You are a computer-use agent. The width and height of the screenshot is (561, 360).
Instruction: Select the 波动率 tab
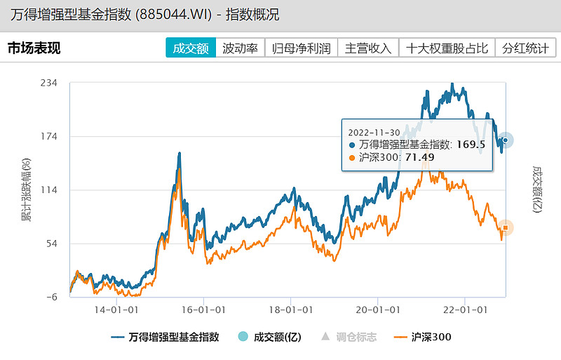coord(240,48)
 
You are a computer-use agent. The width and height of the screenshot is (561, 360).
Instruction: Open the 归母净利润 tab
coord(301,48)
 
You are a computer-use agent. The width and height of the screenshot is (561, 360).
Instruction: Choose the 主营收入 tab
coord(368,48)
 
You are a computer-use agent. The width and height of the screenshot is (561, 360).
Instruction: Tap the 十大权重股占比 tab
coord(447,48)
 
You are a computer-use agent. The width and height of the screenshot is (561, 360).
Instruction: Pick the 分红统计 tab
coord(525,48)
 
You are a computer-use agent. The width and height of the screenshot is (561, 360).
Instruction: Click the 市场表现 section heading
coord(34,48)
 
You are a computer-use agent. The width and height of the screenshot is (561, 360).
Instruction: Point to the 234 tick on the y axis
coord(48,83)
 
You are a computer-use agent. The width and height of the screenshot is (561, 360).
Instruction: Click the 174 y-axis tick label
coord(48,136)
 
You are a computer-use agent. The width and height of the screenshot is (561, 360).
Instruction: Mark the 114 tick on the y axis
coord(48,190)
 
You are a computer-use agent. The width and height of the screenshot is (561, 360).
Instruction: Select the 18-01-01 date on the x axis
coord(290,308)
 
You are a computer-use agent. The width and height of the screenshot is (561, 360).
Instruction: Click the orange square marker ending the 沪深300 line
coord(506,227)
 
